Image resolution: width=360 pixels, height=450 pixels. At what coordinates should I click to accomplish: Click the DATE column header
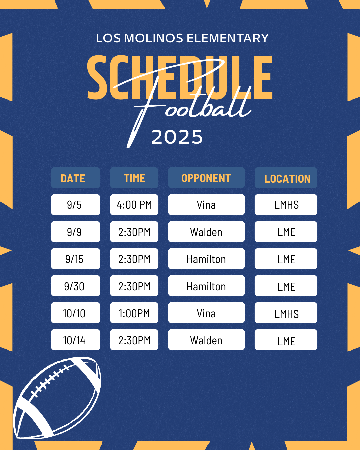(76, 178)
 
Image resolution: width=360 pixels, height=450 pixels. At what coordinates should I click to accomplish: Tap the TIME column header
(134, 178)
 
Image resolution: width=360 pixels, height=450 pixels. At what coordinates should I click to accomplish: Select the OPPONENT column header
(206, 178)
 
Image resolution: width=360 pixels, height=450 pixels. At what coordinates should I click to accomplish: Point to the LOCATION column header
(286, 178)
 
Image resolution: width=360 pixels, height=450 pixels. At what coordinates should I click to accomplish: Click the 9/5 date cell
(76, 205)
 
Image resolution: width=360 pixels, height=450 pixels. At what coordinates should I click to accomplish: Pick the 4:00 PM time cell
(134, 205)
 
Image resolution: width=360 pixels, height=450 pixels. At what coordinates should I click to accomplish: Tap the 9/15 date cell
(76, 259)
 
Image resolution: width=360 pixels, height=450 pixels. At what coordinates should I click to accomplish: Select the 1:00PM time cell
(134, 313)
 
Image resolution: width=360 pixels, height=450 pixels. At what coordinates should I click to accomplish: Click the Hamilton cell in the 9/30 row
(206, 286)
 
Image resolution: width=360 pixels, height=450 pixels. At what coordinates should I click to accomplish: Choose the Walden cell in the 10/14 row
(206, 340)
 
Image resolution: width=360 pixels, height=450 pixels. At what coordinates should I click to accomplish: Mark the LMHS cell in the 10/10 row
(286, 313)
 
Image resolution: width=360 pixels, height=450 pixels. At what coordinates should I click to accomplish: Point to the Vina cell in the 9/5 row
(206, 205)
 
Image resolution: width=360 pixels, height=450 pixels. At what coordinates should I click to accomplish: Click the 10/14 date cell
(76, 340)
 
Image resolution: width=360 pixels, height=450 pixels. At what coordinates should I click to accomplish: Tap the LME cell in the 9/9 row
(286, 232)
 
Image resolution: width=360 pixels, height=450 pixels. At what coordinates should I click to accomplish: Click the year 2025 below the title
(177, 137)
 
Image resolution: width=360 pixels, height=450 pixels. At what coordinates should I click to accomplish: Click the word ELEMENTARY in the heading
(228, 38)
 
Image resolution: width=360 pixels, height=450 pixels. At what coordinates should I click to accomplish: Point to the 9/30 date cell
(76, 286)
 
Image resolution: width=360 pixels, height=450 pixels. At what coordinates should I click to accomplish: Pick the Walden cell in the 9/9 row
(206, 232)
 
